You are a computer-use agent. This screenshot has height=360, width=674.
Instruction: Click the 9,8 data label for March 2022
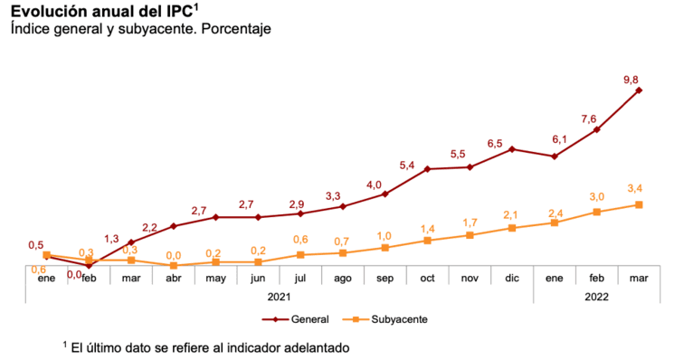coord(631,80)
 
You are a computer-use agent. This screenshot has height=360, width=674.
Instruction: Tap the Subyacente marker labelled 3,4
coord(640,204)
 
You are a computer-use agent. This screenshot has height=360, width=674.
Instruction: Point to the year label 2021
coord(280,296)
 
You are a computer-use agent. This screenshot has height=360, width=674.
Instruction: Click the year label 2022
coord(597,296)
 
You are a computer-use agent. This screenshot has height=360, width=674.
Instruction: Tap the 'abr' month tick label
coord(173,279)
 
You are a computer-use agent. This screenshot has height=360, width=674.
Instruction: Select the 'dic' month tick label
coord(512,279)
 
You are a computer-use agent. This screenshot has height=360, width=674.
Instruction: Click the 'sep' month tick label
coord(384,279)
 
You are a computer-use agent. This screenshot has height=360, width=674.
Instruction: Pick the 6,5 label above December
coord(495,143)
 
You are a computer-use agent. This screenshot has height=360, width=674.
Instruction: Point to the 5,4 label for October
coord(407,165)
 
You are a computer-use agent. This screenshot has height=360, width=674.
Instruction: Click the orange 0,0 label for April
coord(173,256)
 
